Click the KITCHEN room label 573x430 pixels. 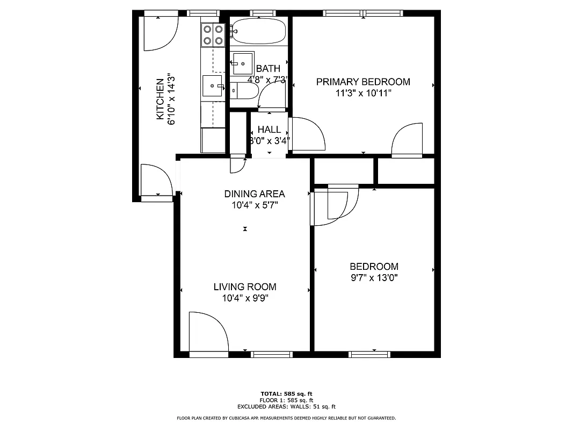pos(160,99)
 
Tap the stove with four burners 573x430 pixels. pos(213,34)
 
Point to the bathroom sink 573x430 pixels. pos(243,63)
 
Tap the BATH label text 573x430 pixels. pos(268,69)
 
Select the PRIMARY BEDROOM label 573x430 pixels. pos(363,82)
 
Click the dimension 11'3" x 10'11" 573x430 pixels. pos(363,93)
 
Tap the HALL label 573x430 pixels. pos(269,130)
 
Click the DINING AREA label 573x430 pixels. pos(255,194)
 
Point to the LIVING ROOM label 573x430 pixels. pos(245,287)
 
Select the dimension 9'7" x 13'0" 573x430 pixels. pos(374,278)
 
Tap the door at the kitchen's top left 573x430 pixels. pos(159,33)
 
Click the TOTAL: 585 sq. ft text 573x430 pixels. pos(286,393)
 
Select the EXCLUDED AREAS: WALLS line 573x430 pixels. pos(286,407)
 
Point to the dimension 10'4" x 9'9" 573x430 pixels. pos(245,298)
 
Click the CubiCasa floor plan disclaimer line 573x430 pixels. pos(286,418)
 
